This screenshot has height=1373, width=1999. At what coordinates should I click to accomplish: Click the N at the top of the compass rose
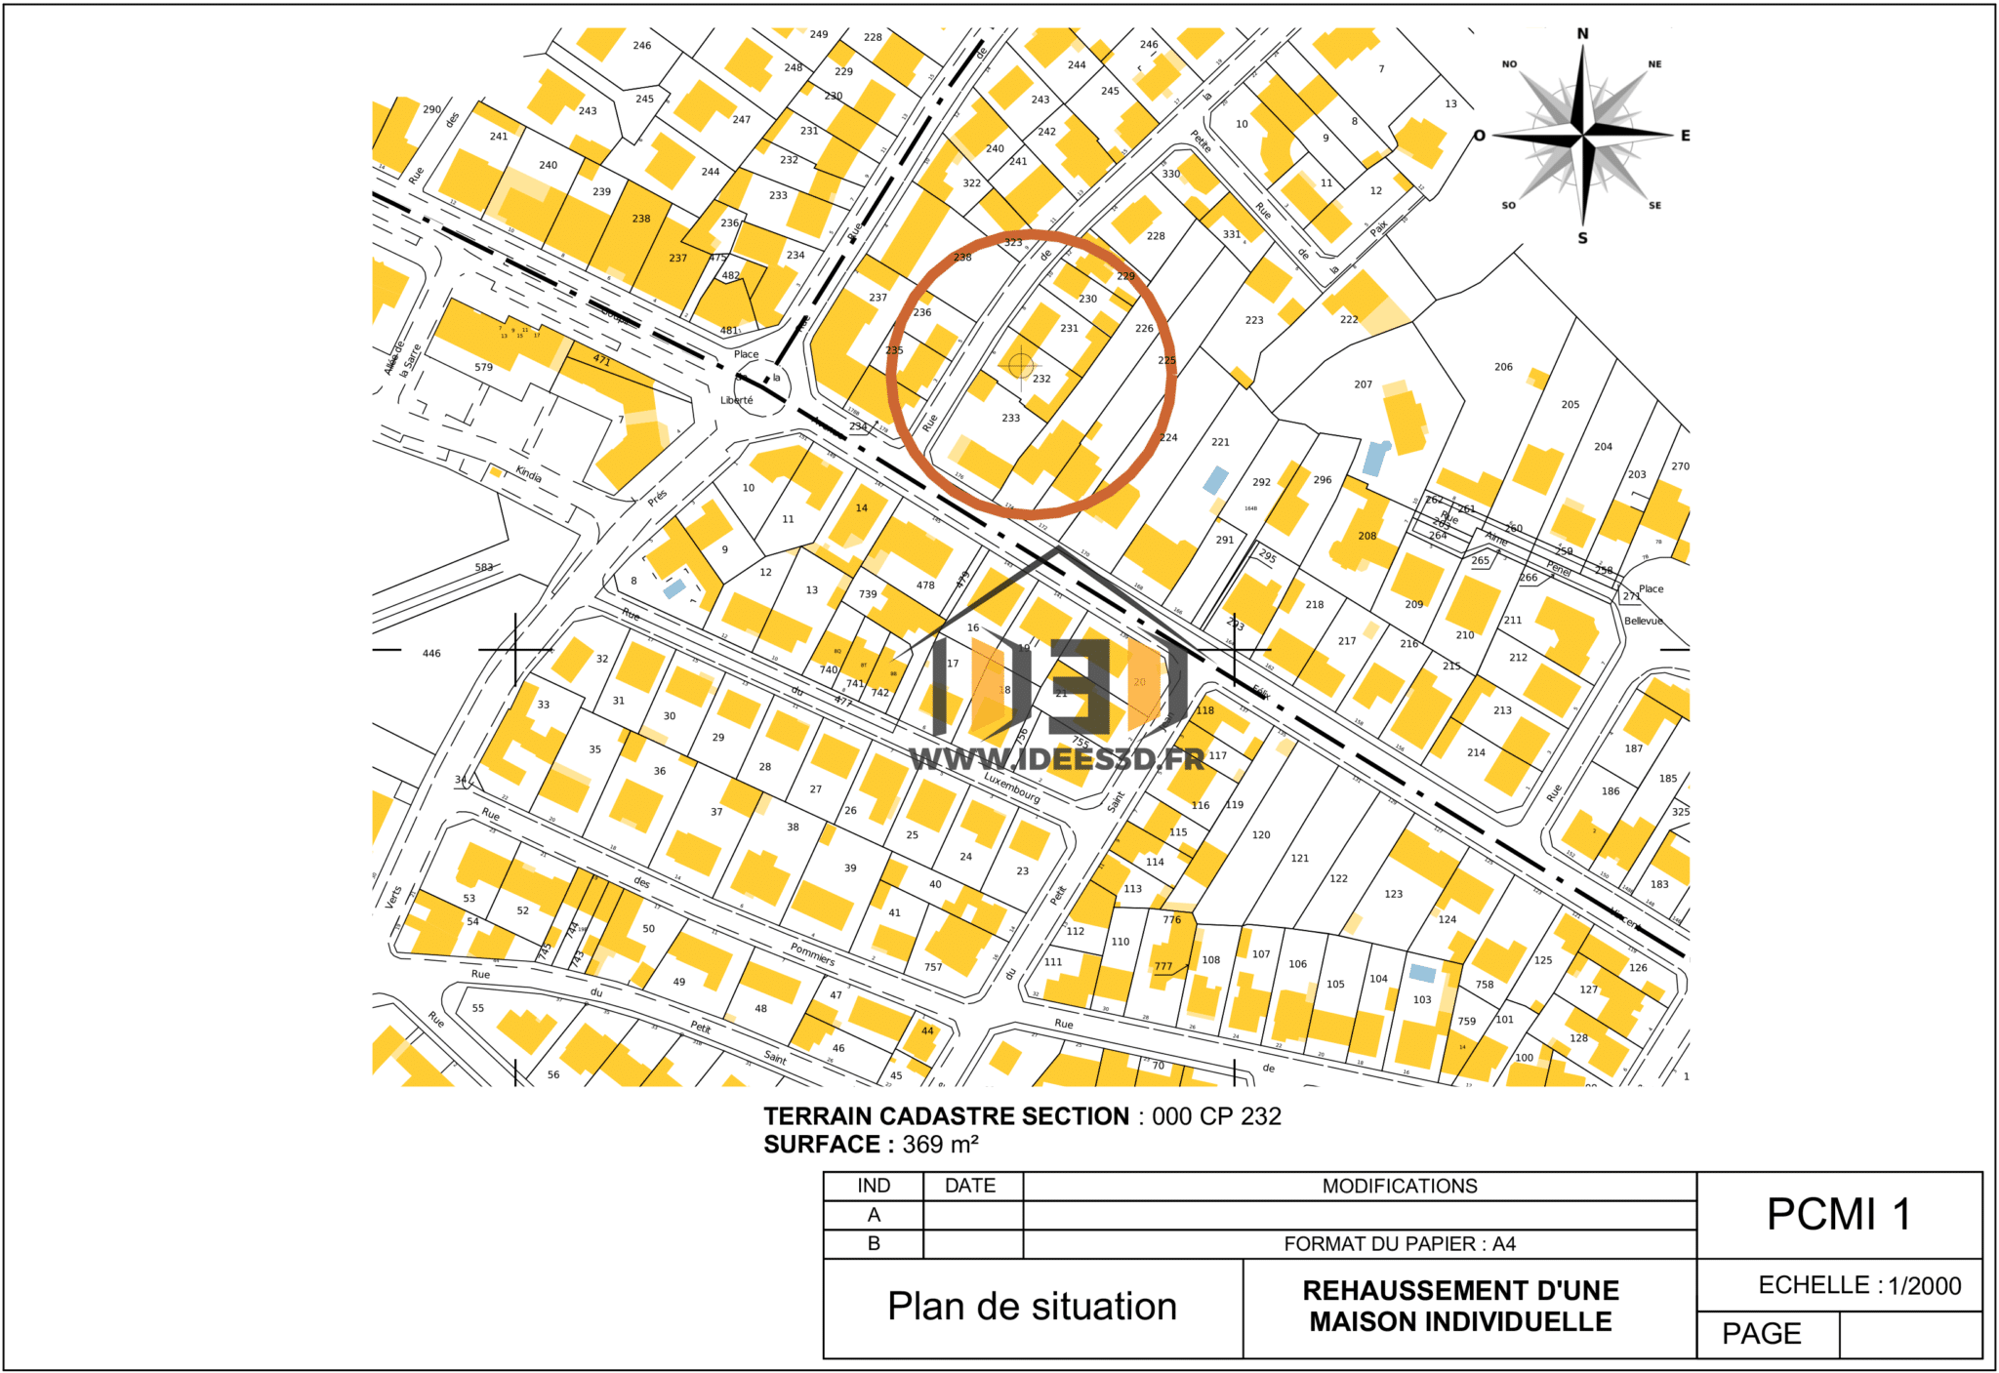1582,34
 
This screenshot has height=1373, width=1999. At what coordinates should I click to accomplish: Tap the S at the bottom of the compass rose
1582,238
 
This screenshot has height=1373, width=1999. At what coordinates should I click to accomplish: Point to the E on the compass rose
1685,136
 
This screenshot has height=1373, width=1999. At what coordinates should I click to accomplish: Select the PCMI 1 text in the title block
1838,1215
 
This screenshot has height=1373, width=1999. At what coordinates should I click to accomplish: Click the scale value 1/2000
1924,1285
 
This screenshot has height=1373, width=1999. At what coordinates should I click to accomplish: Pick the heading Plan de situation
1032,1307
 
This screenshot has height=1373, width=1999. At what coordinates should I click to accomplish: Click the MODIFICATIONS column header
1399,1186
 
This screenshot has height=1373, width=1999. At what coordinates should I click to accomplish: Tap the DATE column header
970,1186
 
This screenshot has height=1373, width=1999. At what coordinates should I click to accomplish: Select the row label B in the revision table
874,1243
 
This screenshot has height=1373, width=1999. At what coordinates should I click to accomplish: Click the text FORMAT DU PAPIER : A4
1399,1243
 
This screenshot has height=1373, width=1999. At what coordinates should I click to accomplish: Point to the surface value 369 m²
940,1144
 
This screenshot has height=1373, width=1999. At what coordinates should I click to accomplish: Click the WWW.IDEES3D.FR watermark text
1057,759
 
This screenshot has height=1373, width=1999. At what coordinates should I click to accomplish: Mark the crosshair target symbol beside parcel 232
1020,365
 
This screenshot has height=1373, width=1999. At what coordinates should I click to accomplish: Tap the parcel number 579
483,367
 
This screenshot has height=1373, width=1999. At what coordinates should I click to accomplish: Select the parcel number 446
431,654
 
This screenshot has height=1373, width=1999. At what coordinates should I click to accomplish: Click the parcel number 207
1363,384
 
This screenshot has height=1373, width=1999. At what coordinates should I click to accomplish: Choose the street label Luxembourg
1011,787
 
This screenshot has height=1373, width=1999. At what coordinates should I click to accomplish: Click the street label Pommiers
812,953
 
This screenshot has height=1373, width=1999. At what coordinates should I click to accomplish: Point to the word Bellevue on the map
1643,621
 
